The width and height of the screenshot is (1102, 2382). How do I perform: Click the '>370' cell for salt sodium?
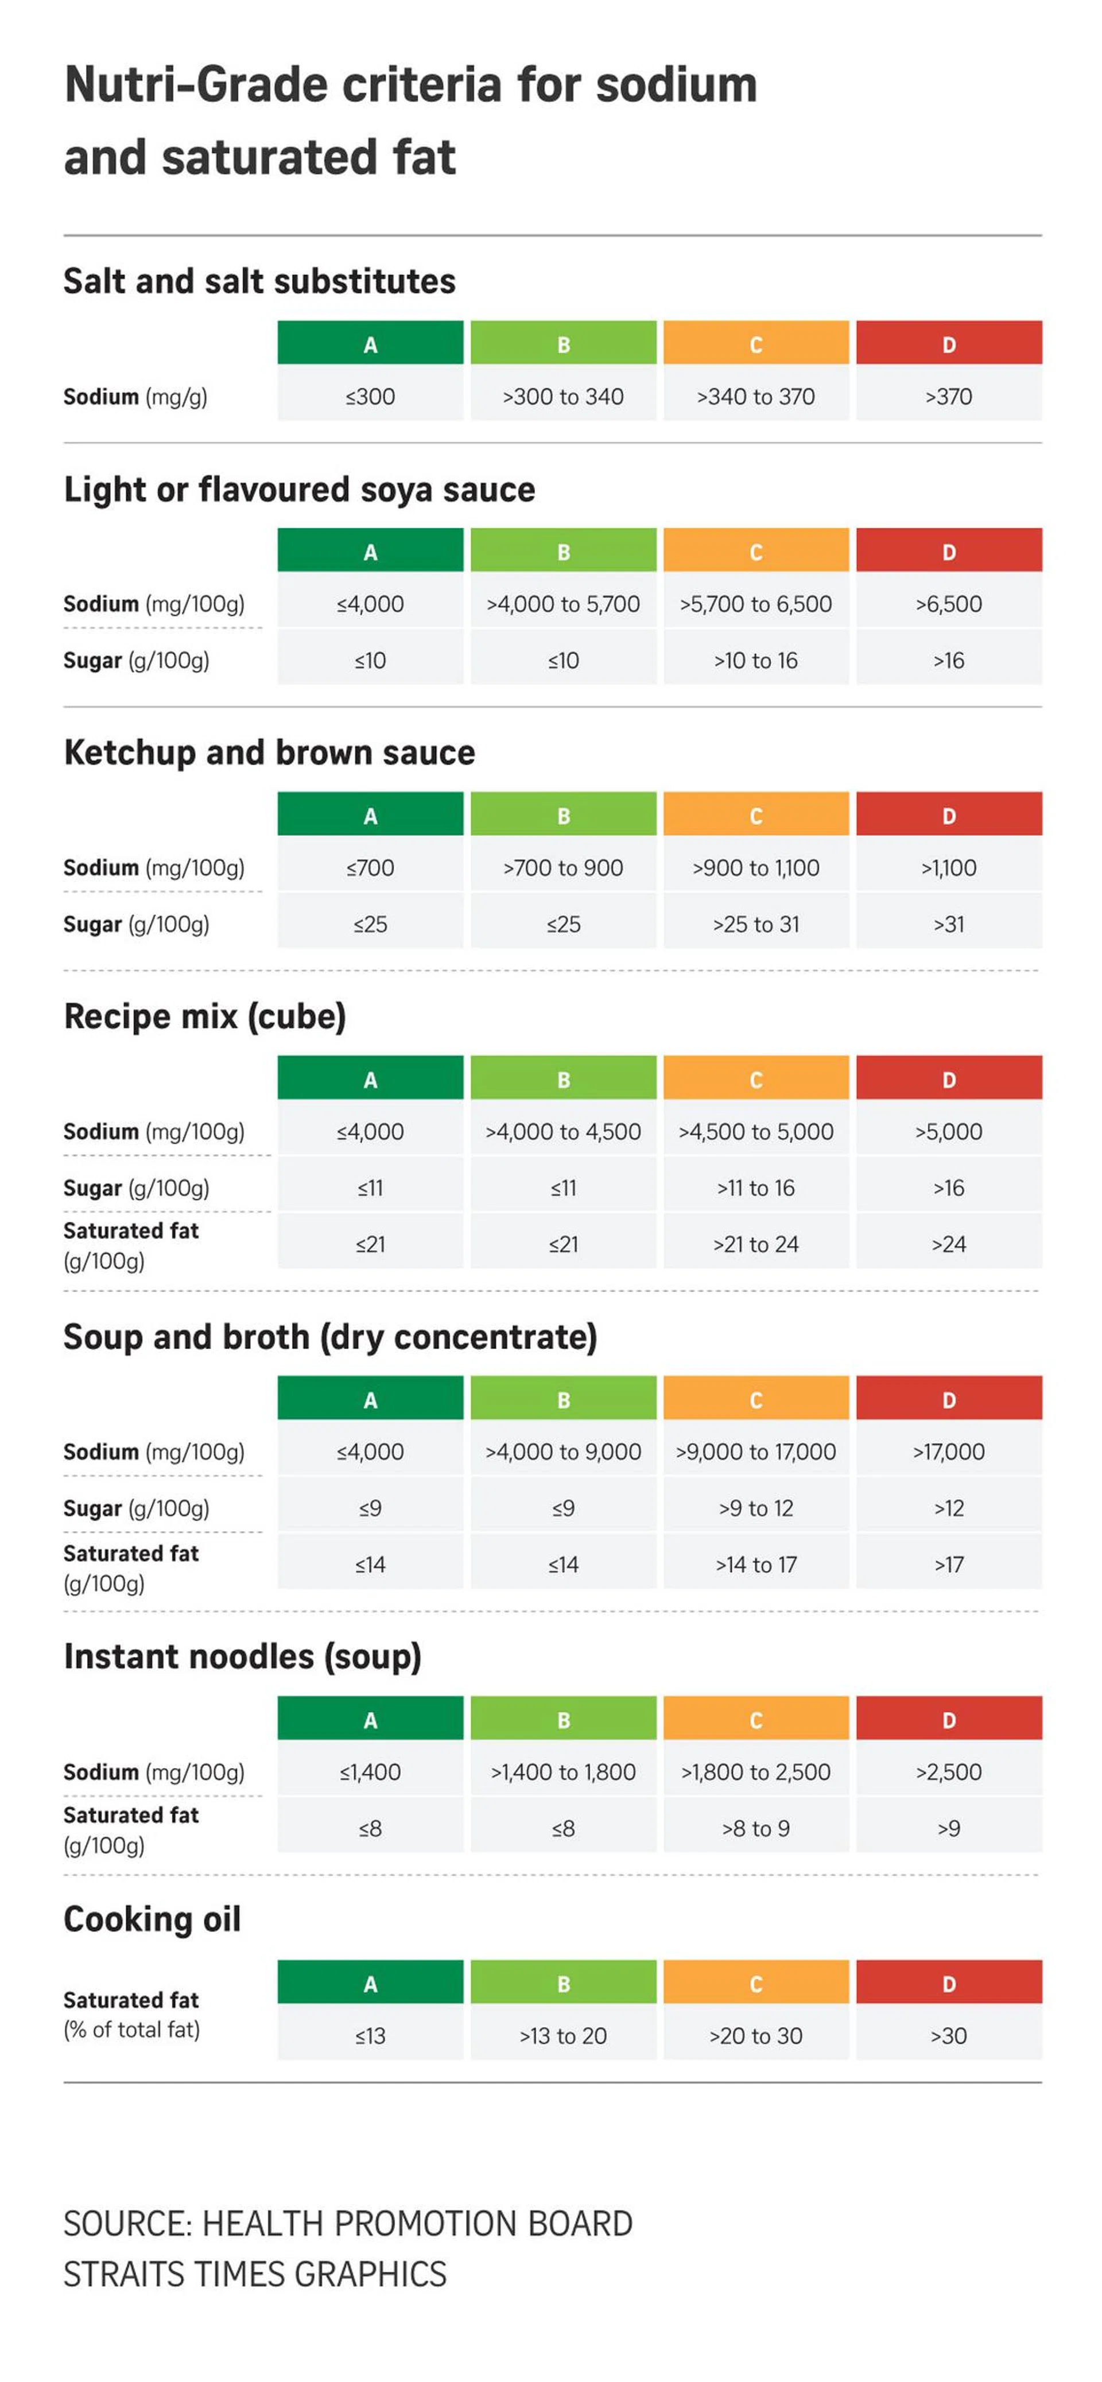click(x=949, y=397)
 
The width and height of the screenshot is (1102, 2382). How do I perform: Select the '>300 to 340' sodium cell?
click(x=563, y=397)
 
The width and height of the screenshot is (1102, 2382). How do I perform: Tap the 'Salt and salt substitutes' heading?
click(x=260, y=281)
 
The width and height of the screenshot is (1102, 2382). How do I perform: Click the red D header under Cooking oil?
click(x=949, y=1984)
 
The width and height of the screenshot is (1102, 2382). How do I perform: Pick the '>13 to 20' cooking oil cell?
click(x=563, y=2035)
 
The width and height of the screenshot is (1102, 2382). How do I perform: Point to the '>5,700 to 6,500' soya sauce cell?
click(x=755, y=604)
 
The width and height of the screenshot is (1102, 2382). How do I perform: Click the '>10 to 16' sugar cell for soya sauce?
click(x=755, y=660)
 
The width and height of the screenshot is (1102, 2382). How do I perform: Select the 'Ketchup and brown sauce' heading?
click(x=269, y=752)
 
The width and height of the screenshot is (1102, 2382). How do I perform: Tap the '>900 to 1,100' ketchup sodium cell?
click(x=755, y=867)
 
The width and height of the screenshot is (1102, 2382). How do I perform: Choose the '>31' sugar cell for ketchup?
click(x=949, y=924)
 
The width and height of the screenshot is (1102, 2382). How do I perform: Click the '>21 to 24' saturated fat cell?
click(x=755, y=1244)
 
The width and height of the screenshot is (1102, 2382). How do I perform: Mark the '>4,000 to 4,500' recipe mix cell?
click(x=563, y=1131)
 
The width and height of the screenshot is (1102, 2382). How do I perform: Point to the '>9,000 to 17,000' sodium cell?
click(x=755, y=1452)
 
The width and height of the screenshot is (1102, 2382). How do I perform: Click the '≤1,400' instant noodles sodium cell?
click(x=370, y=1772)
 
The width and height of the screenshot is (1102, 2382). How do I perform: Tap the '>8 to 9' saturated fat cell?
click(x=755, y=1828)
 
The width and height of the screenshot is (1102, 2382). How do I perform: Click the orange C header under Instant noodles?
click(x=755, y=1720)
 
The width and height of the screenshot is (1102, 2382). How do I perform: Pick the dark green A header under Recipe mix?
click(x=370, y=1079)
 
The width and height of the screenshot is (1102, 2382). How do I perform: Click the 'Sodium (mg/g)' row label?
click(x=135, y=397)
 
